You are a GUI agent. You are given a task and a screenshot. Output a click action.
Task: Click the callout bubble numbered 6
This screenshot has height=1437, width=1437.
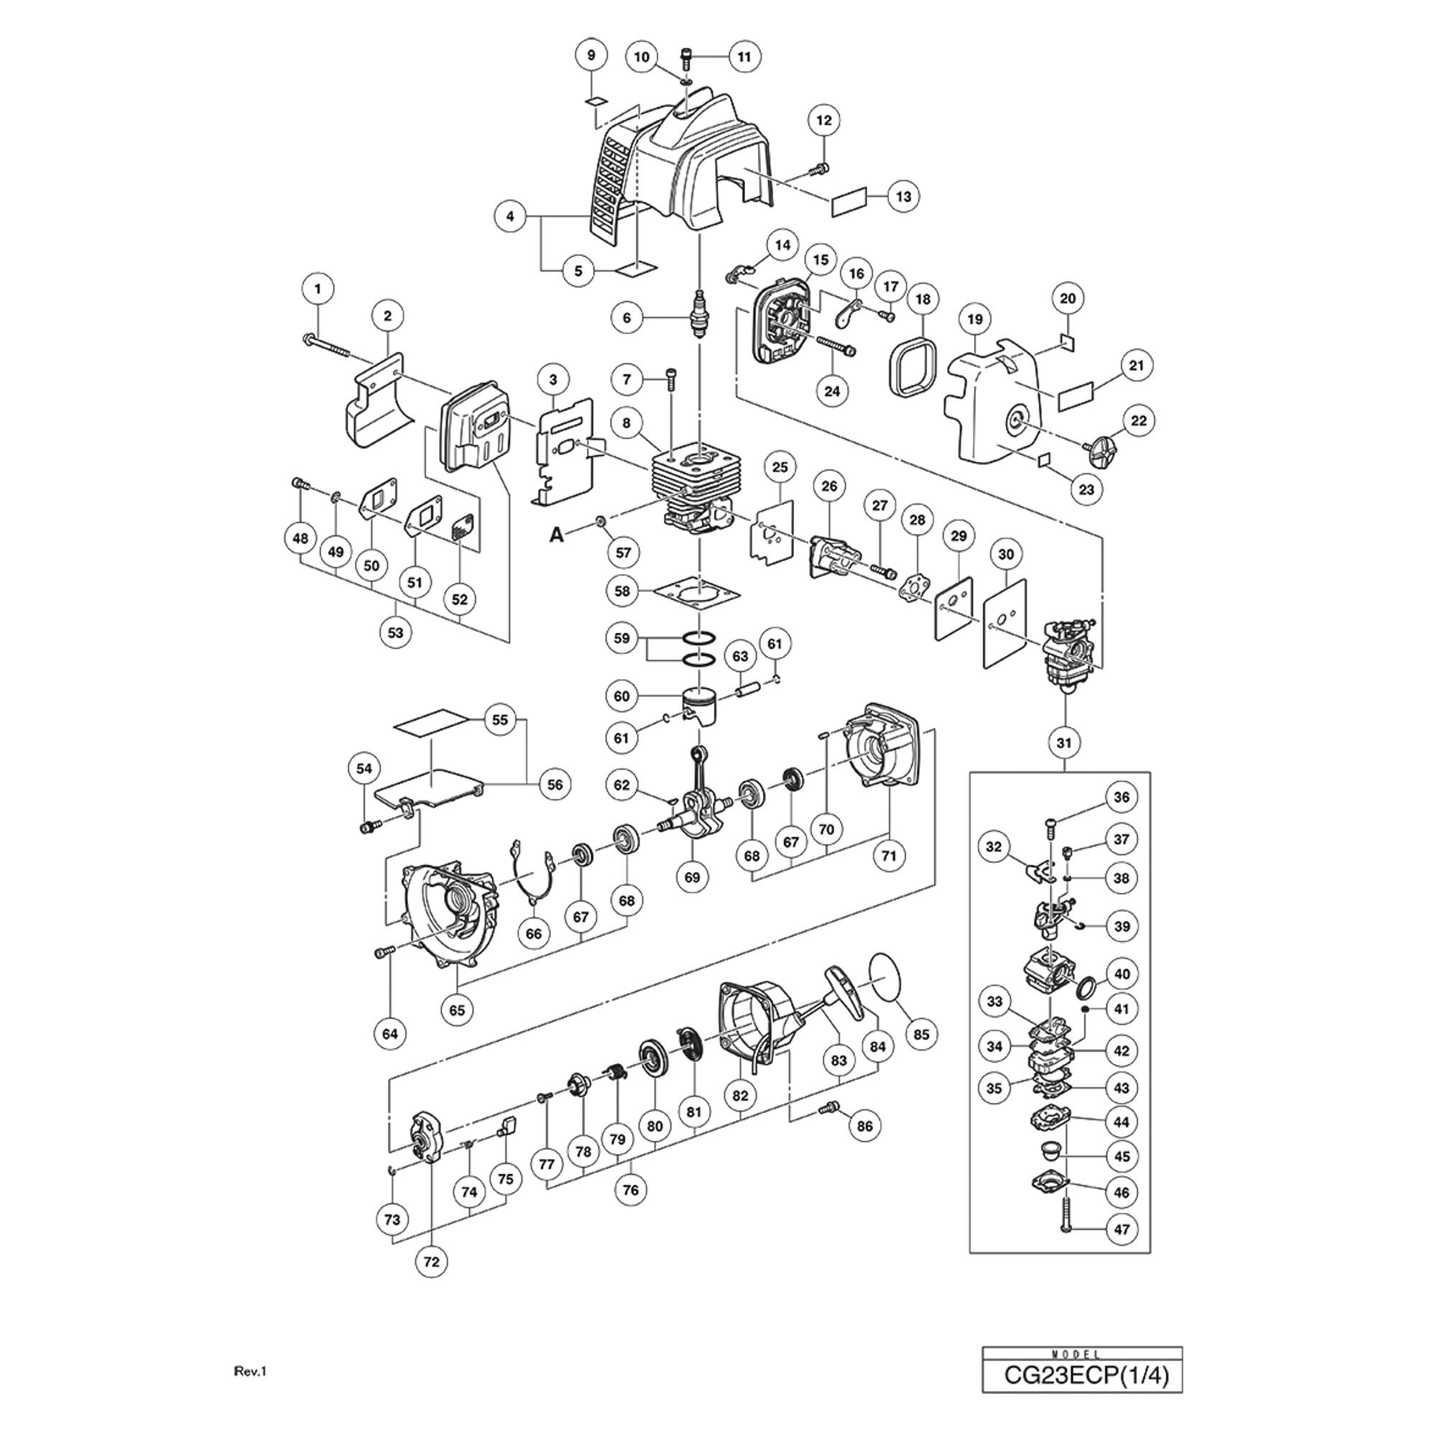tap(627, 318)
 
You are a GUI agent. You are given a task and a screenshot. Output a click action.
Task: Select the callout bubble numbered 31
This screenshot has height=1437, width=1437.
tap(1063, 741)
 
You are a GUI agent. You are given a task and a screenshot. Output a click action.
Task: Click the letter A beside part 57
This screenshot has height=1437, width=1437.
tap(556, 534)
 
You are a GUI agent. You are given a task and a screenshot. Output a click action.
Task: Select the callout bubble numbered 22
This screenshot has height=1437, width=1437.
tap(1139, 420)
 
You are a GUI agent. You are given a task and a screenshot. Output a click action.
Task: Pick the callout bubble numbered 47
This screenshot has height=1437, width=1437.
tap(1122, 1229)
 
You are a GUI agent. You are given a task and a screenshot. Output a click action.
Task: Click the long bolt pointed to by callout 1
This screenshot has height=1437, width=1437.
tap(331, 345)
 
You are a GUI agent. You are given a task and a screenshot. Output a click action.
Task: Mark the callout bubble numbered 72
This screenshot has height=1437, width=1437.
tap(431, 1262)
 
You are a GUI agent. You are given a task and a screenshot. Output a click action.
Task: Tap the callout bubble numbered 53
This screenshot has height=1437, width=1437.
tap(395, 632)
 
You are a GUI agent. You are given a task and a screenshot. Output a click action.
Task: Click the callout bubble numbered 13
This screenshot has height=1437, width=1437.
tap(903, 196)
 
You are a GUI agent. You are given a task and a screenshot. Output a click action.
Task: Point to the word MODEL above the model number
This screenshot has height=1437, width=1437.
tap(1081, 1354)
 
